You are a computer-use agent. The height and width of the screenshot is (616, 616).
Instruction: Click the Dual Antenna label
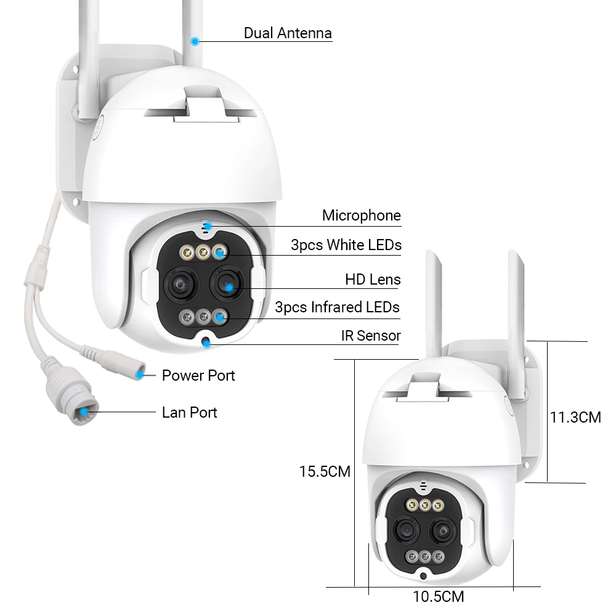tap(288, 33)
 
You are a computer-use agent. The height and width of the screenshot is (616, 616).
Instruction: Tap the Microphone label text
tap(361, 216)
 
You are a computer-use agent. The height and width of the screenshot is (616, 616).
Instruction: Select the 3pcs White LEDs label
tap(346, 245)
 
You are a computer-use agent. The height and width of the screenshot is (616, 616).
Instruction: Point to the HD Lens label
tap(373, 280)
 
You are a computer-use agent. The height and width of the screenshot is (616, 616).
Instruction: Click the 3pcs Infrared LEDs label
tap(337, 307)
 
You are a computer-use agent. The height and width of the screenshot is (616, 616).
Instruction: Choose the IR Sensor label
tap(371, 336)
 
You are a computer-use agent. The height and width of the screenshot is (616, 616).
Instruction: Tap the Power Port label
tap(198, 375)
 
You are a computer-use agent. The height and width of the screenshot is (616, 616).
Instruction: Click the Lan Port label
tap(190, 412)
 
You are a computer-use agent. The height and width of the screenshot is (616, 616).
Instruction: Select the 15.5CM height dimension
tap(325, 472)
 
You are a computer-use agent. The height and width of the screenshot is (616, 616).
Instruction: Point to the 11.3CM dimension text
tap(575, 417)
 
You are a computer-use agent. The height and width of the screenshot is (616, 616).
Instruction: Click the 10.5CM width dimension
tap(439, 596)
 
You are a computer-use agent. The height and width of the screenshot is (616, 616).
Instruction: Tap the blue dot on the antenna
tap(195, 41)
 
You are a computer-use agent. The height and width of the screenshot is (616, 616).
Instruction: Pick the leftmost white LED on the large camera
tap(185, 252)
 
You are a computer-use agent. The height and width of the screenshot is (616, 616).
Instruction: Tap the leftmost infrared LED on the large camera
tap(185, 317)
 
